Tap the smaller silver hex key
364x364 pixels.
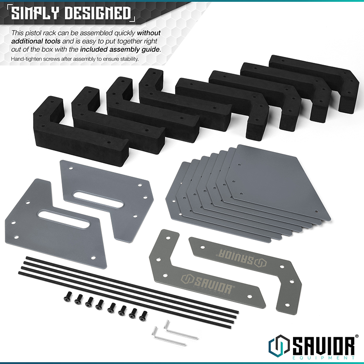(x=159, y=333)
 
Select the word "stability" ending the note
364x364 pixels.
(x=128, y=59)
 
